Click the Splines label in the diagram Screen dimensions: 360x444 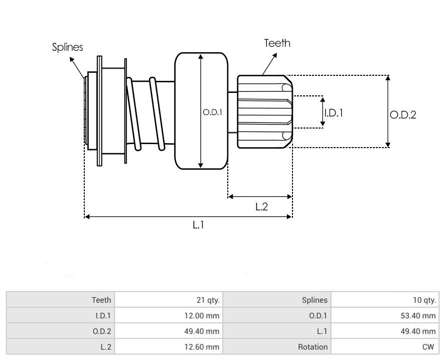point(68,47)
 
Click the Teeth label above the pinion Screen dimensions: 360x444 point(277,43)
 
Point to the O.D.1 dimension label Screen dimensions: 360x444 point(212,112)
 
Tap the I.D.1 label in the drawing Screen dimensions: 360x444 point(334,113)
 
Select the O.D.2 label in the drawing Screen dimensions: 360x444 point(403,115)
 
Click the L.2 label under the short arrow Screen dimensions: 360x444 point(261,206)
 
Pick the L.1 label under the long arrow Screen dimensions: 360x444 point(198,225)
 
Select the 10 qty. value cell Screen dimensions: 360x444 point(424,300)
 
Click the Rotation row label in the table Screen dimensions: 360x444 point(313,346)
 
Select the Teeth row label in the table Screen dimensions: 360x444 point(101,300)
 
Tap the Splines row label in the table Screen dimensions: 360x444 point(315,300)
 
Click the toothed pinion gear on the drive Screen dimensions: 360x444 point(264,111)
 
